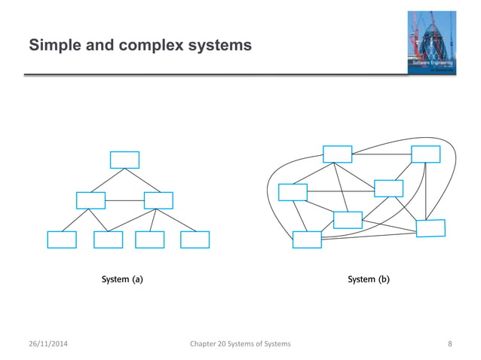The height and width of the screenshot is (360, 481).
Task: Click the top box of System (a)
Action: (124, 160)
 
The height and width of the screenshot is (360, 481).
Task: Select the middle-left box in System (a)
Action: (90, 200)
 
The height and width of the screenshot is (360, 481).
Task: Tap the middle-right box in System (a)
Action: (158, 200)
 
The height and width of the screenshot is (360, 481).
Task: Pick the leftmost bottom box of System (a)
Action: (62, 239)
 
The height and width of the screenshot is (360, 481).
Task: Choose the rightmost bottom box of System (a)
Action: (195, 239)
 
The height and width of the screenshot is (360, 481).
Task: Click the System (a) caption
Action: (123, 279)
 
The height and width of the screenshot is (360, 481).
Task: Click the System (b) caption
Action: (369, 279)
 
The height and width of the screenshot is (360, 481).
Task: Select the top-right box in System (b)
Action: (425, 154)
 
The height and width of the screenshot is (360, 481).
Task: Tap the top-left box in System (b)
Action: (337, 154)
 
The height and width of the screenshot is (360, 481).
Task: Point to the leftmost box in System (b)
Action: (293, 192)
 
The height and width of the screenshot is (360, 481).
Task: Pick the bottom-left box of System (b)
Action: (307, 239)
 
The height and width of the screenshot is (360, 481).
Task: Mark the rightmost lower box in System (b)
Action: (430, 227)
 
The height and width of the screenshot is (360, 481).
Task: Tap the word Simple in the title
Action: (51, 47)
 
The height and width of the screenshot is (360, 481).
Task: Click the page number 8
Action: (450, 344)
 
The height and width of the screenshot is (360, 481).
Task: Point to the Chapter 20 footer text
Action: (241, 344)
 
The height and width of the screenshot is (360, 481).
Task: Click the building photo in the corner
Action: (430, 42)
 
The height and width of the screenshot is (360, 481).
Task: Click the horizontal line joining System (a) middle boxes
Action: (124, 200)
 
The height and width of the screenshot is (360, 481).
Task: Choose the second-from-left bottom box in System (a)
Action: (108, 239)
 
